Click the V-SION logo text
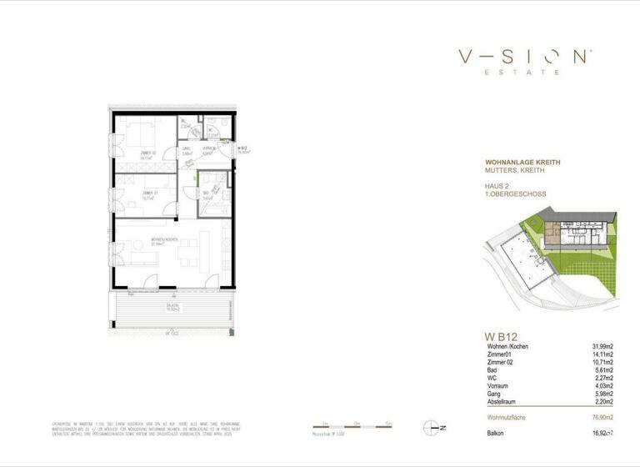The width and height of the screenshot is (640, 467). click(524, 57)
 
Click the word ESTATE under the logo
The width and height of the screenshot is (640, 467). click(524, 73)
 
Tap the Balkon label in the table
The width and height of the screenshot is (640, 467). click(497, 434)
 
